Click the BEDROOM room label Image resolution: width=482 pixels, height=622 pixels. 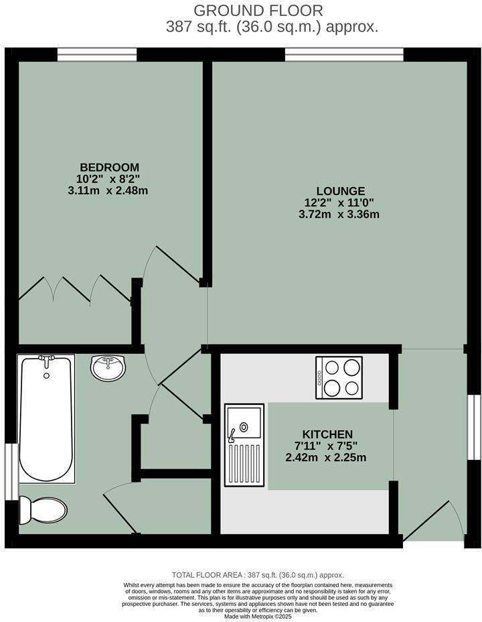click(109, 167)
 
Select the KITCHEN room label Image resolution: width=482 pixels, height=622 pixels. click(327, 434)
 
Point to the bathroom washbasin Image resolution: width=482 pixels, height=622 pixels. click(107, 367)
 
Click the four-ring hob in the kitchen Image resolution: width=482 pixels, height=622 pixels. click(339, 377)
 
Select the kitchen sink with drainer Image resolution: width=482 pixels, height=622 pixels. click(244, 446)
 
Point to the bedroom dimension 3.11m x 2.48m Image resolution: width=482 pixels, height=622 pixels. click(109, 190)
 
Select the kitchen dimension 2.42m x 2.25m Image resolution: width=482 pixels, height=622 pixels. click(327, 458)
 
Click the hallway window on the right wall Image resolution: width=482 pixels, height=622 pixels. click(474, 427)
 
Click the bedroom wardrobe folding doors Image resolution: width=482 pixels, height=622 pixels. click(74, 288)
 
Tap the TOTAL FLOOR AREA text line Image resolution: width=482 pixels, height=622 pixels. click(258, 575)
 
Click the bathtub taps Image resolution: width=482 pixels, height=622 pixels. click(46, 361)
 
